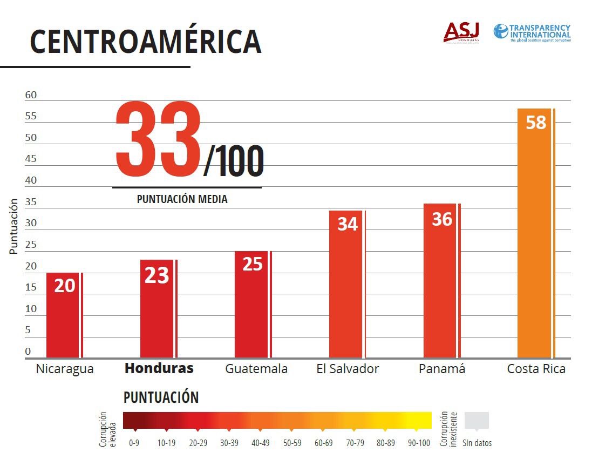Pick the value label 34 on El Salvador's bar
[348, 224]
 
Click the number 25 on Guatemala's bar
[252, 264]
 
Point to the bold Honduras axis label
[159, 369]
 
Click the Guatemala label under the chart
[256, 369]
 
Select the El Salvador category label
[348, 369]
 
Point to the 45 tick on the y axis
[31, 159]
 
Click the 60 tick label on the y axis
[31, 95]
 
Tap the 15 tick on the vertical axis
[31, 287]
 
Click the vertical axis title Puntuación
[14, 226]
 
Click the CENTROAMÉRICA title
[146, 41]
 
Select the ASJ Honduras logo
[461, 32]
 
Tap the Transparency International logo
[532, 32]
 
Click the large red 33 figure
[158, 140]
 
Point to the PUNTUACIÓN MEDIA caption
[182, 199]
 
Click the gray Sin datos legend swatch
[477, 421]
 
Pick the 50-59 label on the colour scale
[292, 443]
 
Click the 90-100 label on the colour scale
[419, 443]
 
